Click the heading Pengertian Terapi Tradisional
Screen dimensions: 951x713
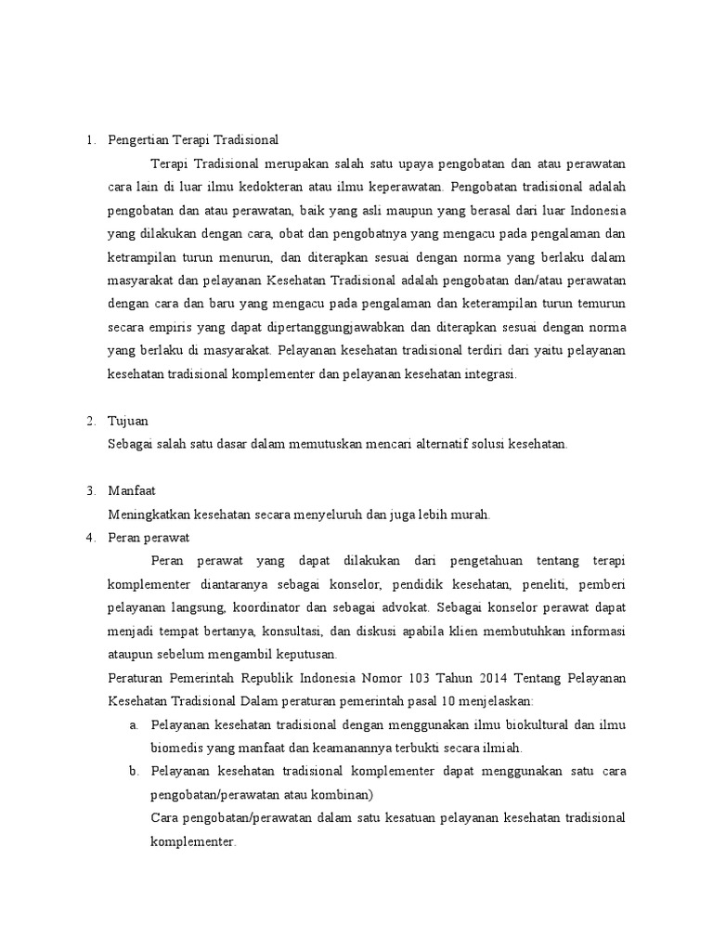(193, 139)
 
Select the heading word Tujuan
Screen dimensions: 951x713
(127, 421)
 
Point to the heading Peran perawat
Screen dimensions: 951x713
(149, 537)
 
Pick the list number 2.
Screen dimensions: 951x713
(91, 421)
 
